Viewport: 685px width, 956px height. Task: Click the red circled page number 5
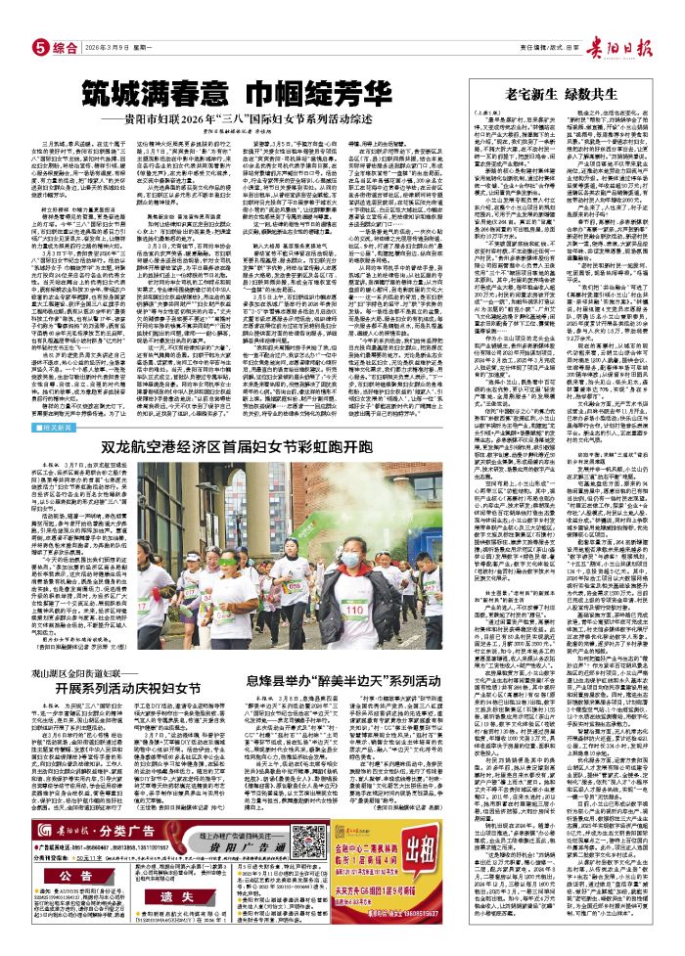[x=40, y=46]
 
